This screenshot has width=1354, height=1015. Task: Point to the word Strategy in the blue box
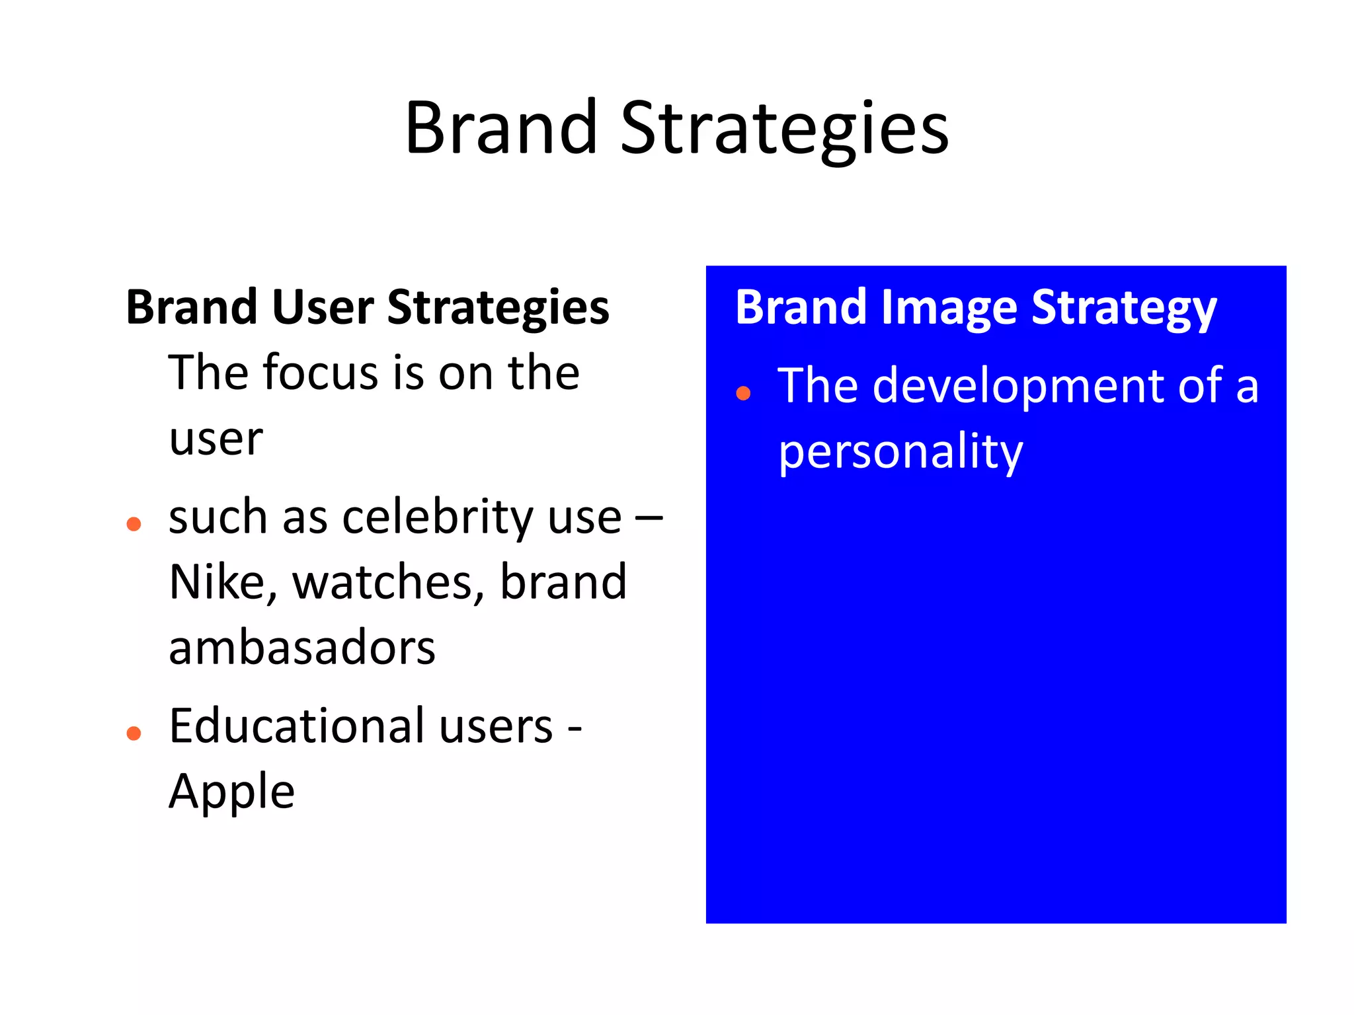click(x=1123, y=309)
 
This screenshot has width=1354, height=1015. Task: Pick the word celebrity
click(x=438, y=517)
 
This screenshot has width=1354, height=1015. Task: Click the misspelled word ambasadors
click(x=302, y=648)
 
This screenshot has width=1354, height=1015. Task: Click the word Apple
click(x=231, y=792)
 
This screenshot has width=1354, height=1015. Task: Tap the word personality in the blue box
click(x=900, y=453)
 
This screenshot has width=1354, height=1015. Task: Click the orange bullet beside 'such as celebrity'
click(x=134, y=525)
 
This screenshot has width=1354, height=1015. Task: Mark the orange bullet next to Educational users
click(x=134, y=733)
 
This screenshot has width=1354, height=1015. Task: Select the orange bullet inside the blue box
click(x=743, y=394)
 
